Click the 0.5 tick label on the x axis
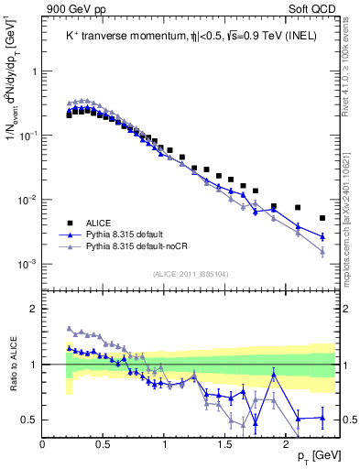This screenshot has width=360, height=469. pyautogui.click(x=103, y=443)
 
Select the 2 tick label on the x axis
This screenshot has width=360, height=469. pyautogui.click(x=285, y=443)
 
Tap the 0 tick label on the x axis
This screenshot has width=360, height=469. pyautogui.click(x=43, y=443)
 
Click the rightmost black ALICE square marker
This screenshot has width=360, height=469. pyautogui.click(x=322, y=218)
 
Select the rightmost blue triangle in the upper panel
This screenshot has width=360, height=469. pyautogui.click(x=322, y=236)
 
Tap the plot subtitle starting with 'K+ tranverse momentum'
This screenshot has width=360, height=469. pyautogui.click(x=180, y=37)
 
